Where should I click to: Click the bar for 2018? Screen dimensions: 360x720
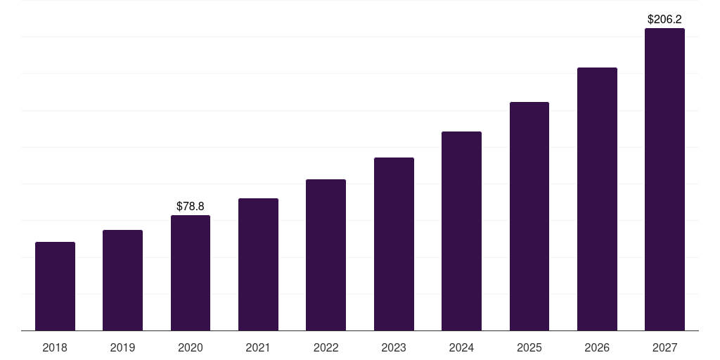tap(55, 286)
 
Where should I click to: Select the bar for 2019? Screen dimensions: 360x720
tap(122, 281)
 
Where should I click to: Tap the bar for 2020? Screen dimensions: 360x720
tap(191, 273)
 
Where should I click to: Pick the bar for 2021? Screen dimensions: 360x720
tap(258, 264)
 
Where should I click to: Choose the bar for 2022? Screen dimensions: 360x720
tap(326, 255)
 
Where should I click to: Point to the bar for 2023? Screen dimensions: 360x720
tap(394, 244)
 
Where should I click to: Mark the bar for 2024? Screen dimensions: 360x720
tap(461, 231)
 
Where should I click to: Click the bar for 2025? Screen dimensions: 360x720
tap(529, 217)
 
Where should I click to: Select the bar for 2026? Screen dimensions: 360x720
tap(597, 199)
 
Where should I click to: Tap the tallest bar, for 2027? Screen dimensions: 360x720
tap(664, 179)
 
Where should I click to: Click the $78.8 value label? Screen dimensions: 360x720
tap(191, 206)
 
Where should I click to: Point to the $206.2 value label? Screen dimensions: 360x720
tap(664, 20)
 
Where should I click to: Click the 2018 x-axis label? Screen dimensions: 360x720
tap(55, 347)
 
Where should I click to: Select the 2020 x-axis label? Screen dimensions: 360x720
tap(191, 347)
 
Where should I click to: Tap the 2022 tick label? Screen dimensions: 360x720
tap(326, 347)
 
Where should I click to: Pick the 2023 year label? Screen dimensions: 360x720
tap(394, 347)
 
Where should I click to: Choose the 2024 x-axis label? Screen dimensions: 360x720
tap(461, 347)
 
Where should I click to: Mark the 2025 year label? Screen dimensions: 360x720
tap(529, 347)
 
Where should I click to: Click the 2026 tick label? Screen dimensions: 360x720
tap(597, 347)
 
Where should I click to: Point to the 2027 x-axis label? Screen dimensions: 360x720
tap(664, 347)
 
